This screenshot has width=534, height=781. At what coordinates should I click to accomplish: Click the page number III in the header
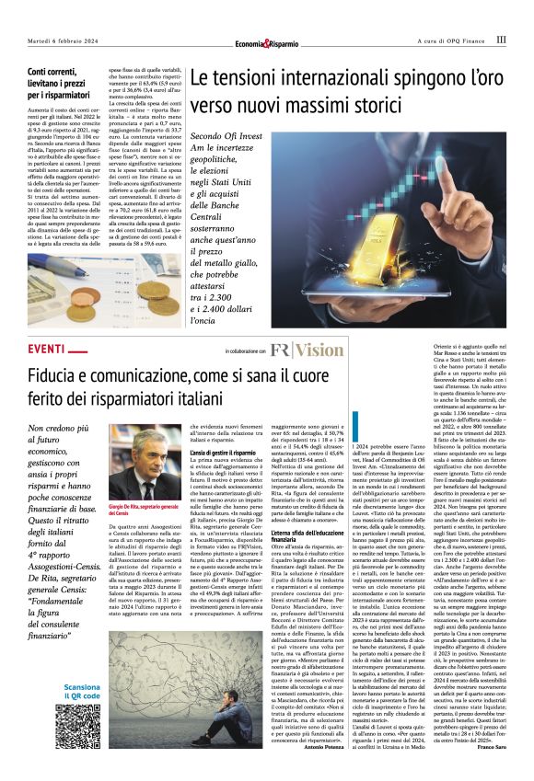pyautogui.click(x=501, y=40)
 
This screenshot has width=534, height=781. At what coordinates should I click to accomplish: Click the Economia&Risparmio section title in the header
pyautogui.click(x=267, y=42)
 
